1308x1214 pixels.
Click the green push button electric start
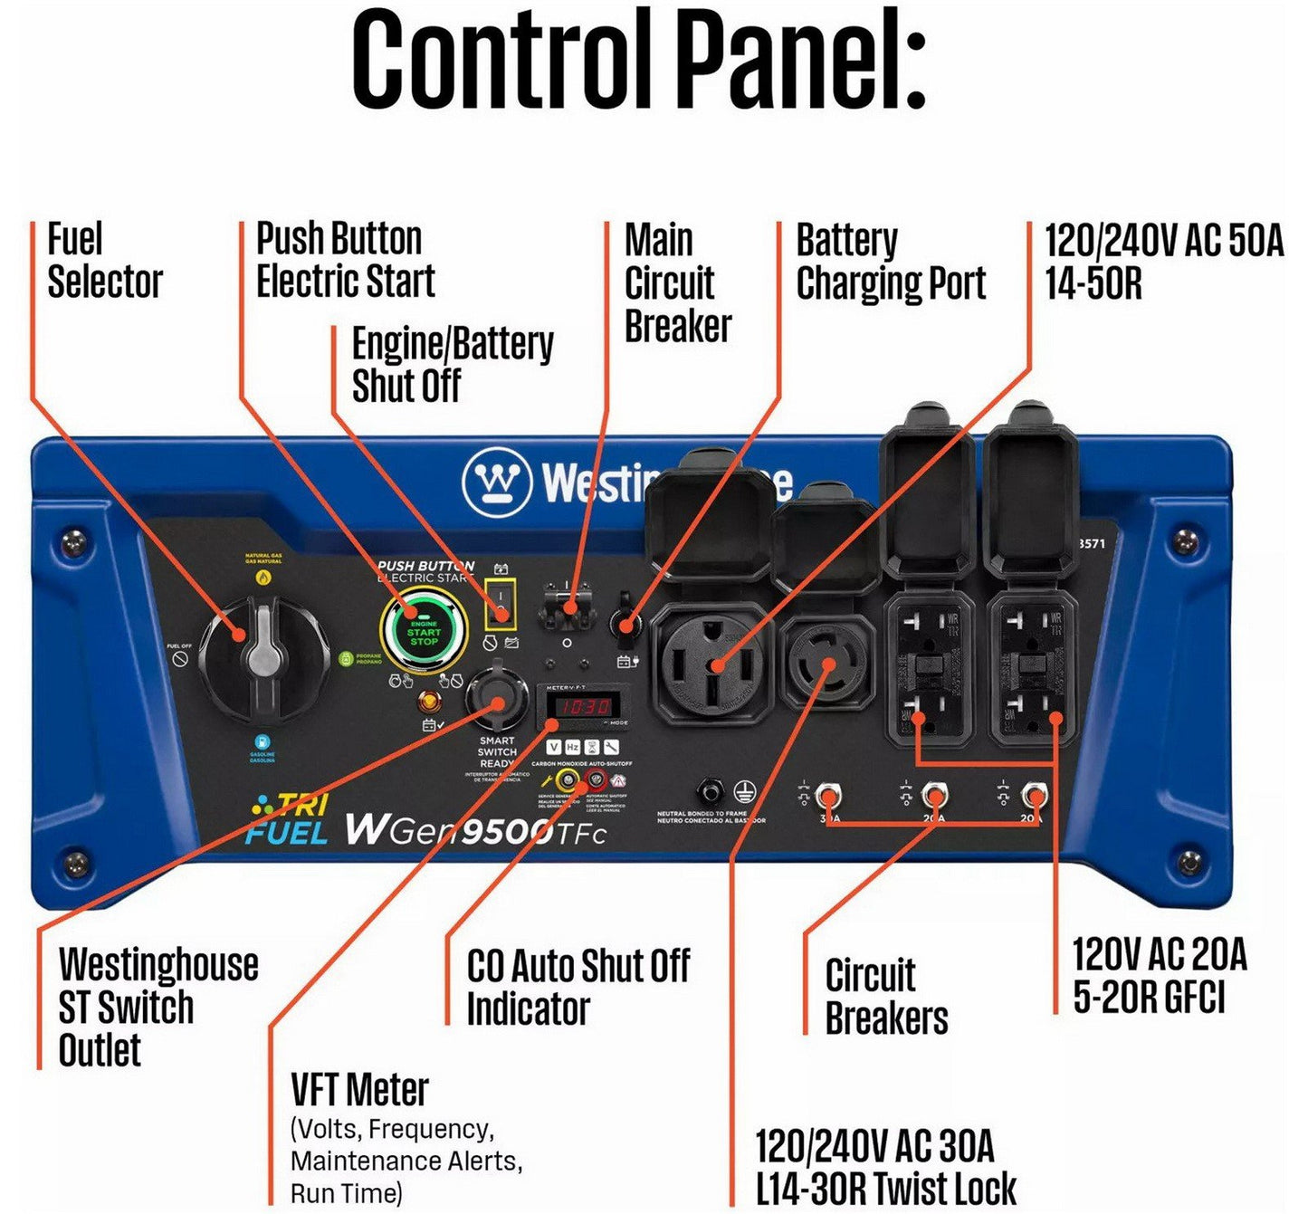click(x=424, y=633)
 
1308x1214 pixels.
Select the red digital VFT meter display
click(x=582, y=705)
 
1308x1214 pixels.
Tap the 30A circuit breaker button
click(x=826, y=797)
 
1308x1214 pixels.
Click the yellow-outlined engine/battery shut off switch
click(x=500, y=601)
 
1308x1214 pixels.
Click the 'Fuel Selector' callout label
click(x=104, y=261)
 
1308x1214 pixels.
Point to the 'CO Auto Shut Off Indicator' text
click(x=578, y=987)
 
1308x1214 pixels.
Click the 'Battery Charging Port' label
click(x=890, y=262)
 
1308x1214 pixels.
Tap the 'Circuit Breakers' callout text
click(x=885, y=996)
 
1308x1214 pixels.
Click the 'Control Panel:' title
click(x=639, y=60)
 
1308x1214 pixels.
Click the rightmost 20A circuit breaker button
click(x=1033, y=797)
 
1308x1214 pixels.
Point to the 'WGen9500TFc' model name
click(x=474, y=829)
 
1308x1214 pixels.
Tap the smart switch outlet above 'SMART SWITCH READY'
click(x=497, y=699)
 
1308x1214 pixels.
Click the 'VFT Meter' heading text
click(x=359, y=1089)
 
